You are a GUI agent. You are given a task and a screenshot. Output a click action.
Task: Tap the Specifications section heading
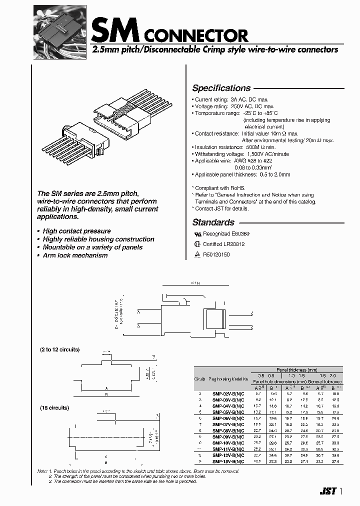(221, 88)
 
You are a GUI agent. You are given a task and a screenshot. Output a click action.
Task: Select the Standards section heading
(213, 222)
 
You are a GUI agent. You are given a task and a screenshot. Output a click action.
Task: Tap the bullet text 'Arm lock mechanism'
(75, 255)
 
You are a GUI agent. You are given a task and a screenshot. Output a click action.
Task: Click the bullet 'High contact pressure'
(76, 231)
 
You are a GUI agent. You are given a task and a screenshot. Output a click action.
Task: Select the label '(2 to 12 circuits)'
(59, 349)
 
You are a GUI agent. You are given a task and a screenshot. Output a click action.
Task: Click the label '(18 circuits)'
(54, 408)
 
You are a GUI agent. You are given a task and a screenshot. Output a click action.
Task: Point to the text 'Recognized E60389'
(223, 233)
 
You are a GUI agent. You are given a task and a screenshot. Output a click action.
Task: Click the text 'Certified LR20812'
(223, 244)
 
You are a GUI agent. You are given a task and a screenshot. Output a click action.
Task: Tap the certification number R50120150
(216, 254)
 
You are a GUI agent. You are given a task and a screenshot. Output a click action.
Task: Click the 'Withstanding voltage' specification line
(241, 154)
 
